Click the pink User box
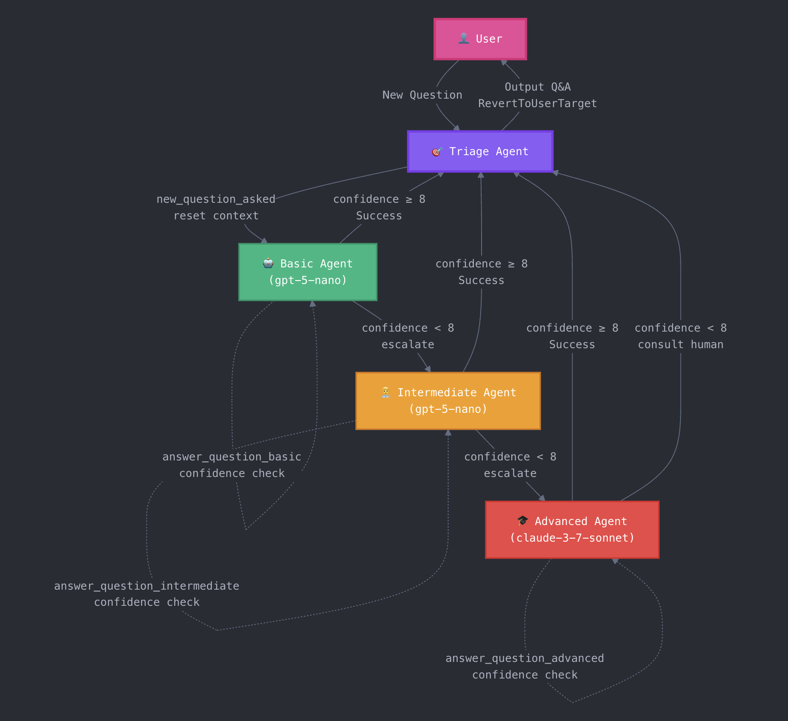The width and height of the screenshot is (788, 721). [480, 39]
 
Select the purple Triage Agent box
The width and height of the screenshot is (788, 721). [480, 151]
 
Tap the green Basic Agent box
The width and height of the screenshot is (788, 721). [308, 272]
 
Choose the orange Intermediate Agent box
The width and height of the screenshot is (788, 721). [448, 401]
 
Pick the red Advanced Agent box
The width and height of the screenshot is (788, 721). [572, 530]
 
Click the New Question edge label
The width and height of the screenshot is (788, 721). [422, 95]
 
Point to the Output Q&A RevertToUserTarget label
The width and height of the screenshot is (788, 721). [537, 95]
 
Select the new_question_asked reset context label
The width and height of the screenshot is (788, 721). [216, 207]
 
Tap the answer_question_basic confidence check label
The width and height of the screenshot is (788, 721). [232, 465]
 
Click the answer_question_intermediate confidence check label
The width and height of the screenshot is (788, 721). [147, 594]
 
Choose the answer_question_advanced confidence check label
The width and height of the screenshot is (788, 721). [524, 667]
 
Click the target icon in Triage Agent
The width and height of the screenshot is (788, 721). [437, 152]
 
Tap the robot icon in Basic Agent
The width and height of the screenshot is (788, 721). [268, 264]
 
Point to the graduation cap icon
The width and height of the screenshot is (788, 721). [522, 521]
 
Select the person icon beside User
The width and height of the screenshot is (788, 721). [463, 39]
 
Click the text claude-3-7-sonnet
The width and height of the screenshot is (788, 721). [572, 538]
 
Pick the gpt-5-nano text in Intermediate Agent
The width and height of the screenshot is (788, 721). [448, 409]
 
